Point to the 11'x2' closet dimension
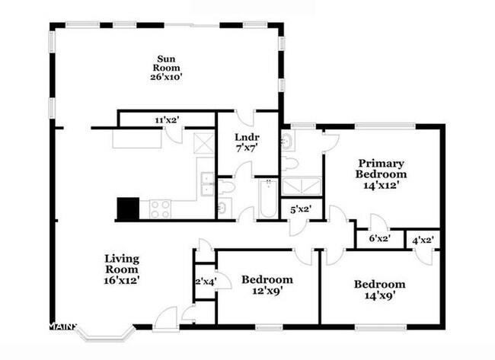click(167, 119)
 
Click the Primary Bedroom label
click(382, 168)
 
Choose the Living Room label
click(122, 263)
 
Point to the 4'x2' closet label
click(422, 239)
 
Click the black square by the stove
click(128, 209)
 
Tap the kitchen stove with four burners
click(161, 209)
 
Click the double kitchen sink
click(206, 183)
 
